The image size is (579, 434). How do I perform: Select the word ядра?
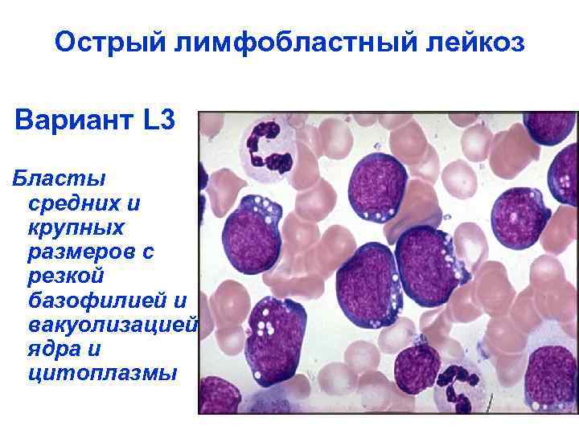[53, 350]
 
